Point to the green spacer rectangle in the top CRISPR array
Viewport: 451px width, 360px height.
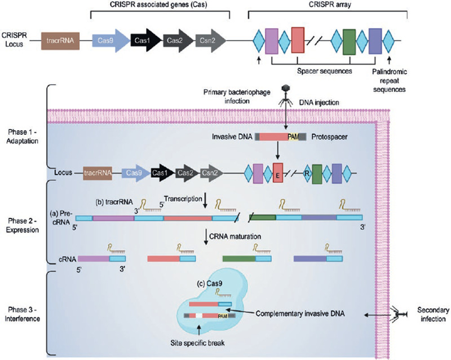[x=349, y=40]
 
